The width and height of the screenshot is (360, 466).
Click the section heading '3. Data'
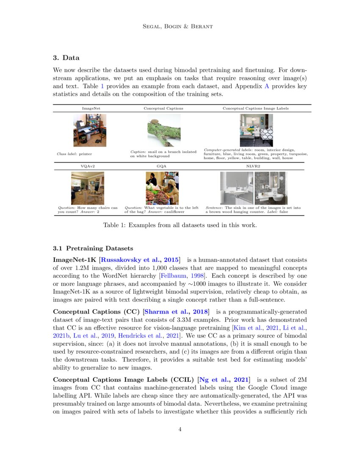[66, 58]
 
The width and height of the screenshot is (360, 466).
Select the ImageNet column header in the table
[91, 108]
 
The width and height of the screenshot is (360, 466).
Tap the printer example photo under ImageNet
[90, 130]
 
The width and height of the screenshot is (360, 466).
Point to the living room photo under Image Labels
[256, 130]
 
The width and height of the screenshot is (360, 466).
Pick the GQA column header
[161, 166]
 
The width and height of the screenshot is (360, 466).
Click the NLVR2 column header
[253, 166]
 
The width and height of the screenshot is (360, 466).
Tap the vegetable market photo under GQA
[162, 188]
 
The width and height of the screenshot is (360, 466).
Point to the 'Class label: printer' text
[74, 154]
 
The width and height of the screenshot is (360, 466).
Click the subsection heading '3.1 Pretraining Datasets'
[93, 248]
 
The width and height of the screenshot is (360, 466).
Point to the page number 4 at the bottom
[180, 429]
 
